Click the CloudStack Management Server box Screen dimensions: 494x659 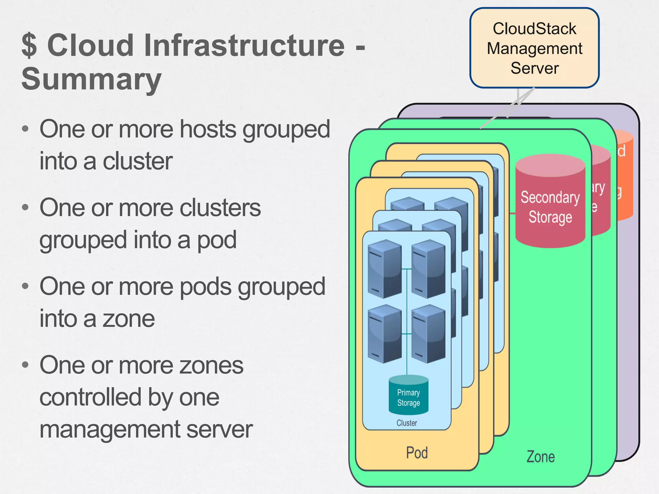534,48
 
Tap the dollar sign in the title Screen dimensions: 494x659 29,46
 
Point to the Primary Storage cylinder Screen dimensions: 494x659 408,396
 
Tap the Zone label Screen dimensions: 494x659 540,457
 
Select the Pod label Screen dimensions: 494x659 417,453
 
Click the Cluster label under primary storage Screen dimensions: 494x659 407,423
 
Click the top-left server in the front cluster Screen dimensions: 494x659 385,269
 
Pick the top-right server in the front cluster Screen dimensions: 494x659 428,269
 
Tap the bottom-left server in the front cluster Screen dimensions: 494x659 385,334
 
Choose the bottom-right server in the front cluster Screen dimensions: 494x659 428,334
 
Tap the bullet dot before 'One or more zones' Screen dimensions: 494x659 25,365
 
